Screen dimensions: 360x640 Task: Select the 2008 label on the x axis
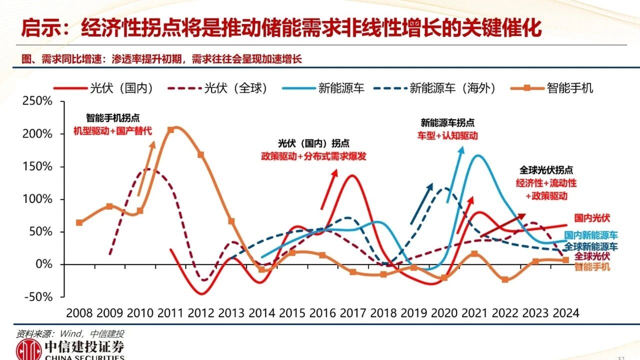click(x=79, y=313)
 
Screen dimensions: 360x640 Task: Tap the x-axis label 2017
click(x=353, y=313)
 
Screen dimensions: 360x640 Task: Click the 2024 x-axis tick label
click(x=565, y=313)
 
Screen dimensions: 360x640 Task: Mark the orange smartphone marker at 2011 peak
click(x=171, y=130)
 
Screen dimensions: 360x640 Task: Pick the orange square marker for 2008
click(x=79, y=222)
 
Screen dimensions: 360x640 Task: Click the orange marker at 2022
click(x=505, y=279)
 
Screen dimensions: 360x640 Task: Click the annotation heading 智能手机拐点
click(x=112, y=118)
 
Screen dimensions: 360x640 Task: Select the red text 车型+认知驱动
click(x=447, y=135)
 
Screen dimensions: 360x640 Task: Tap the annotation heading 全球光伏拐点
click(x=546, y=169)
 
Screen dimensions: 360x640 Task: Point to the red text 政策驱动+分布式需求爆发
click(x=313, y=156)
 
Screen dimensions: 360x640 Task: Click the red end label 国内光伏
click(x=592, y=218)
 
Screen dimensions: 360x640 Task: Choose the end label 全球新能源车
click(x=591, y=246)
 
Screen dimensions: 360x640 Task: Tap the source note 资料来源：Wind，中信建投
click(x=70, y=333)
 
